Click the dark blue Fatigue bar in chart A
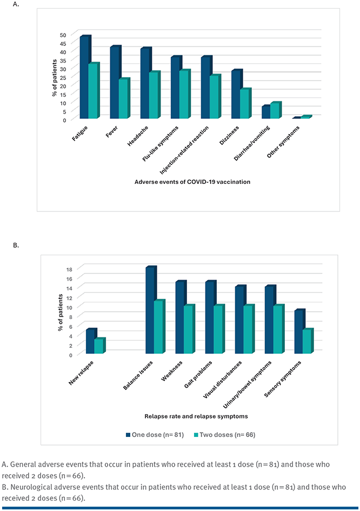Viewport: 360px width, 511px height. [83, 77]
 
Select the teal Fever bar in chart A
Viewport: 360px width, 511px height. [124, 99]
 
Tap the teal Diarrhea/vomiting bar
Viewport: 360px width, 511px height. [275, 111]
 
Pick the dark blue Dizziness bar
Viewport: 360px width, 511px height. [236, 95]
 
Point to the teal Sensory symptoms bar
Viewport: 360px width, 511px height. [306, 342]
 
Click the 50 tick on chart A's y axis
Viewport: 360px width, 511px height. [63, 35]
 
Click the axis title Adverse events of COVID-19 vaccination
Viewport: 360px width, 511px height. [192, 182]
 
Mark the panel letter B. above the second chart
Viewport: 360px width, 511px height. [16, 245]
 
